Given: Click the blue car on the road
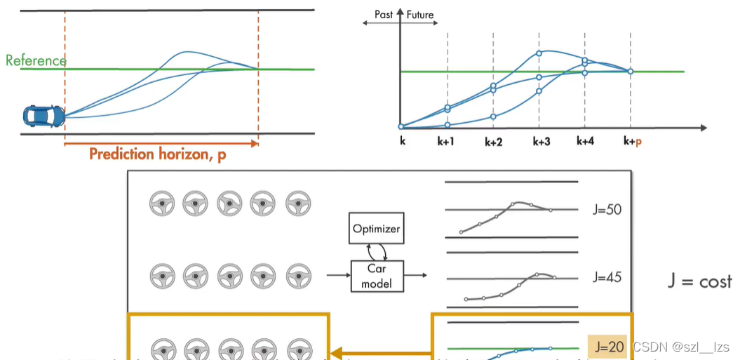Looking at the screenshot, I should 43,114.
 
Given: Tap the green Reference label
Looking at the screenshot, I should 36,60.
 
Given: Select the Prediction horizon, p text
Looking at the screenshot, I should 158,154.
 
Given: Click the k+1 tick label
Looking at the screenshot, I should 447,141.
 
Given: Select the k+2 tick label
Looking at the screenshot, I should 494,141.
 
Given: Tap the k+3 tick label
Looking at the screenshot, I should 540,141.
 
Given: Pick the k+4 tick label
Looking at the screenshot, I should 585,141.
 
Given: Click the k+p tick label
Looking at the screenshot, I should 632,141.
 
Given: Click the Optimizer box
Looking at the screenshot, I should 375,229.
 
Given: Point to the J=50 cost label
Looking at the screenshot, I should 607,209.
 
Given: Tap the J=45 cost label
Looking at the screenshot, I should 607,277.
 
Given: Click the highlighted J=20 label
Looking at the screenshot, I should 607,346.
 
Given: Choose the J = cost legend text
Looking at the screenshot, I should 699,281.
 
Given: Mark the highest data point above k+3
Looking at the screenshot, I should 539,53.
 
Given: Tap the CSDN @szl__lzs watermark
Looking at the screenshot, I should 681,347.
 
